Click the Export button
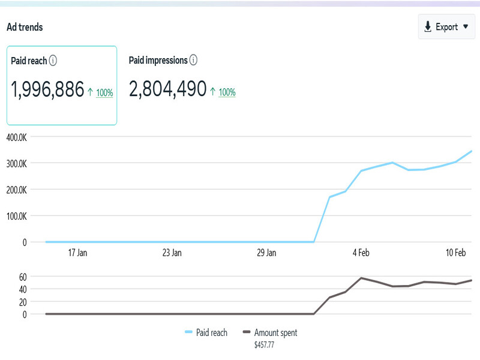coord(446,27)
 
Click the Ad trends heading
coord(25,27)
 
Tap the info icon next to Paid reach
coord(53,61)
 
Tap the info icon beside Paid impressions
coord(193,60)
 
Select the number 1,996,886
coord(47,90)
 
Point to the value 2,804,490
coord(167,90)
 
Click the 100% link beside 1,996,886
coord(104,93)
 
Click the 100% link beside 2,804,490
coord(227,92)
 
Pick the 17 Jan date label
coord(77,253)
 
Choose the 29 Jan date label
coord(266,253)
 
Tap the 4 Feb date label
coord(361,253)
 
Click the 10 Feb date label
coord(456,253)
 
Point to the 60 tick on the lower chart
coord(23,277)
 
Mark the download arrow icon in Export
coord(428,27)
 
